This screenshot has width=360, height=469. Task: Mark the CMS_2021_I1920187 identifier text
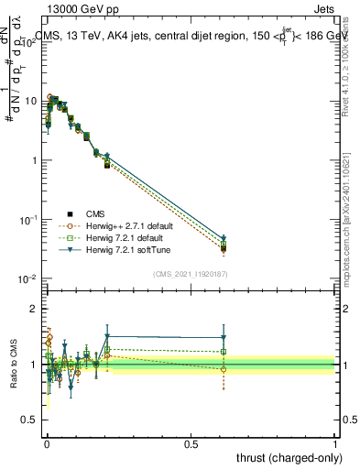click(190, 273)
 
